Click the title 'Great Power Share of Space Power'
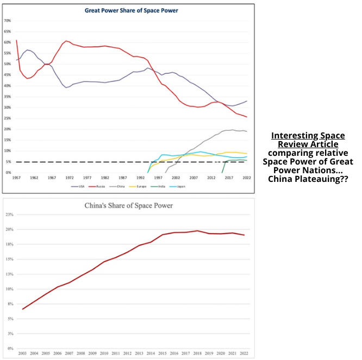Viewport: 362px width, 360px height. [131, 10]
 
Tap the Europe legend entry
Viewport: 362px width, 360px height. [140, 186]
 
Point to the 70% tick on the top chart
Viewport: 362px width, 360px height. [8, 21]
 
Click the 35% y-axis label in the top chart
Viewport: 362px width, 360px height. [8, 97]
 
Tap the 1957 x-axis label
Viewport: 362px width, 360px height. [16, 178]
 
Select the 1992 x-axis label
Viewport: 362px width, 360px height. [140, 178]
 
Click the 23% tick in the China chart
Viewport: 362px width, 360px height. [9, 216]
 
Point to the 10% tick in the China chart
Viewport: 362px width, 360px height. [9, 289]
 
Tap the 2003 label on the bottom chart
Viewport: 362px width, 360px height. [22, 353]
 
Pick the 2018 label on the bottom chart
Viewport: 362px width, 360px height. [198, 353]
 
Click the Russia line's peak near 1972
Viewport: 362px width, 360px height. [66, 41]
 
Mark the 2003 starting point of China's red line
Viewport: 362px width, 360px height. [22, 309]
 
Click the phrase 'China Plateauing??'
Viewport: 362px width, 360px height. [308, 179]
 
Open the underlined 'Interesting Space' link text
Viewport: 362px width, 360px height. [308, 136]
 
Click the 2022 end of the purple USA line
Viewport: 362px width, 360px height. [247, 101]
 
